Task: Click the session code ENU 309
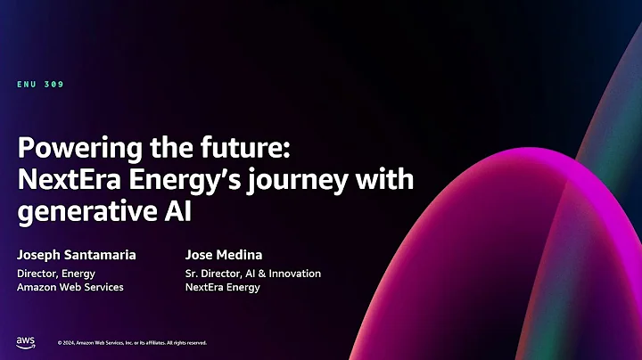[40, 85]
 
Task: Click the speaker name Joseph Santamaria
[77, 255]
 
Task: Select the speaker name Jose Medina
[224, 255]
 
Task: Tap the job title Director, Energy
[56, 274]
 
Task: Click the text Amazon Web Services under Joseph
[70, 287]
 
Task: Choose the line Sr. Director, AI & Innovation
[252, 274]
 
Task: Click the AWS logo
[25, 341]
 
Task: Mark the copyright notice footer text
[132, 342]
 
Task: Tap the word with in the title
[390, 179]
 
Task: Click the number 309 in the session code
[53, 85]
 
